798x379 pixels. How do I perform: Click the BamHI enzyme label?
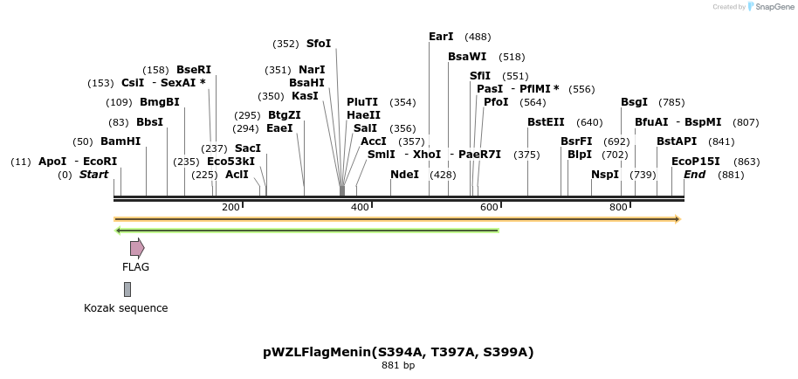120,141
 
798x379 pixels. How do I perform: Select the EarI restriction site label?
441,37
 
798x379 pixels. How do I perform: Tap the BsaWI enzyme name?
467,57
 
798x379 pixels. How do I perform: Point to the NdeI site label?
404,175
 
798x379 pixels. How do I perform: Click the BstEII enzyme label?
546,122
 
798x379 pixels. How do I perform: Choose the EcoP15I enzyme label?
695,162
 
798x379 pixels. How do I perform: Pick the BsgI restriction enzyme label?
634,102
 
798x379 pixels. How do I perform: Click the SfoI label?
319,44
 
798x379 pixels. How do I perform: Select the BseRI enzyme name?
194,70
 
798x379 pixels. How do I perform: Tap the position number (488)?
478,37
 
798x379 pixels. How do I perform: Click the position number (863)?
746,162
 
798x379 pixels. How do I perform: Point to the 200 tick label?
230,207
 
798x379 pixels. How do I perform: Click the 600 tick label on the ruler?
489,207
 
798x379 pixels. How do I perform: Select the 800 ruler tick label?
618,207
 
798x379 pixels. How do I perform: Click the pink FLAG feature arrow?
137,248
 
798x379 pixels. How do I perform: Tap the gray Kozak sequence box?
127,289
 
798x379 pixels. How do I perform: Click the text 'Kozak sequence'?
126,308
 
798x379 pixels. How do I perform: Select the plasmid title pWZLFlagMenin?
398,353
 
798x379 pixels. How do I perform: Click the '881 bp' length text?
398,366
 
